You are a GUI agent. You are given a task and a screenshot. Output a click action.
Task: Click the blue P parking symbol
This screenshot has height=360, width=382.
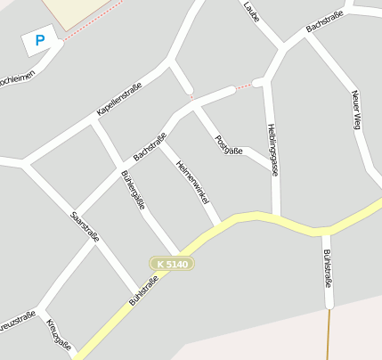pyautogui.click(x=39, y=40)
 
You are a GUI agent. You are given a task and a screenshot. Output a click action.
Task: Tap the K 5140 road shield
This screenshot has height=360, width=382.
pyautogui.click(x=172, y=264)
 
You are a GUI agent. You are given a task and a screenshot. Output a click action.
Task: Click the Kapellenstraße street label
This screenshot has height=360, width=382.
pyautogui.click(x=119, y=102)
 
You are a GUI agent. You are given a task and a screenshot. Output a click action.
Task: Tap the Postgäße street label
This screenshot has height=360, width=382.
pyautogui.click(x=229, y=144)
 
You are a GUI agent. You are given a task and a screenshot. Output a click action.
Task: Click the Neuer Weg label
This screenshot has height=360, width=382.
pyautogui.click(x=356, y=110)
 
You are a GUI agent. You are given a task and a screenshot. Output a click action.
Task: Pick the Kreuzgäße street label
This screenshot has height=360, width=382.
pyautogui.click(x=57, y=334)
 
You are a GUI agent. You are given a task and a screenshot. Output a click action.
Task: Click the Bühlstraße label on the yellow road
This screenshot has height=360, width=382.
pyautogui.click(x=143, y=291)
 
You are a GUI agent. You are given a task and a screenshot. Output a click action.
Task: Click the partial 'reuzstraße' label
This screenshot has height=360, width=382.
pyautogui.click(x=18, y=320)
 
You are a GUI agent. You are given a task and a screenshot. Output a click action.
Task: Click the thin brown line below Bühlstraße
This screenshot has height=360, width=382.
pyautogui.click(x=329, y=333)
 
